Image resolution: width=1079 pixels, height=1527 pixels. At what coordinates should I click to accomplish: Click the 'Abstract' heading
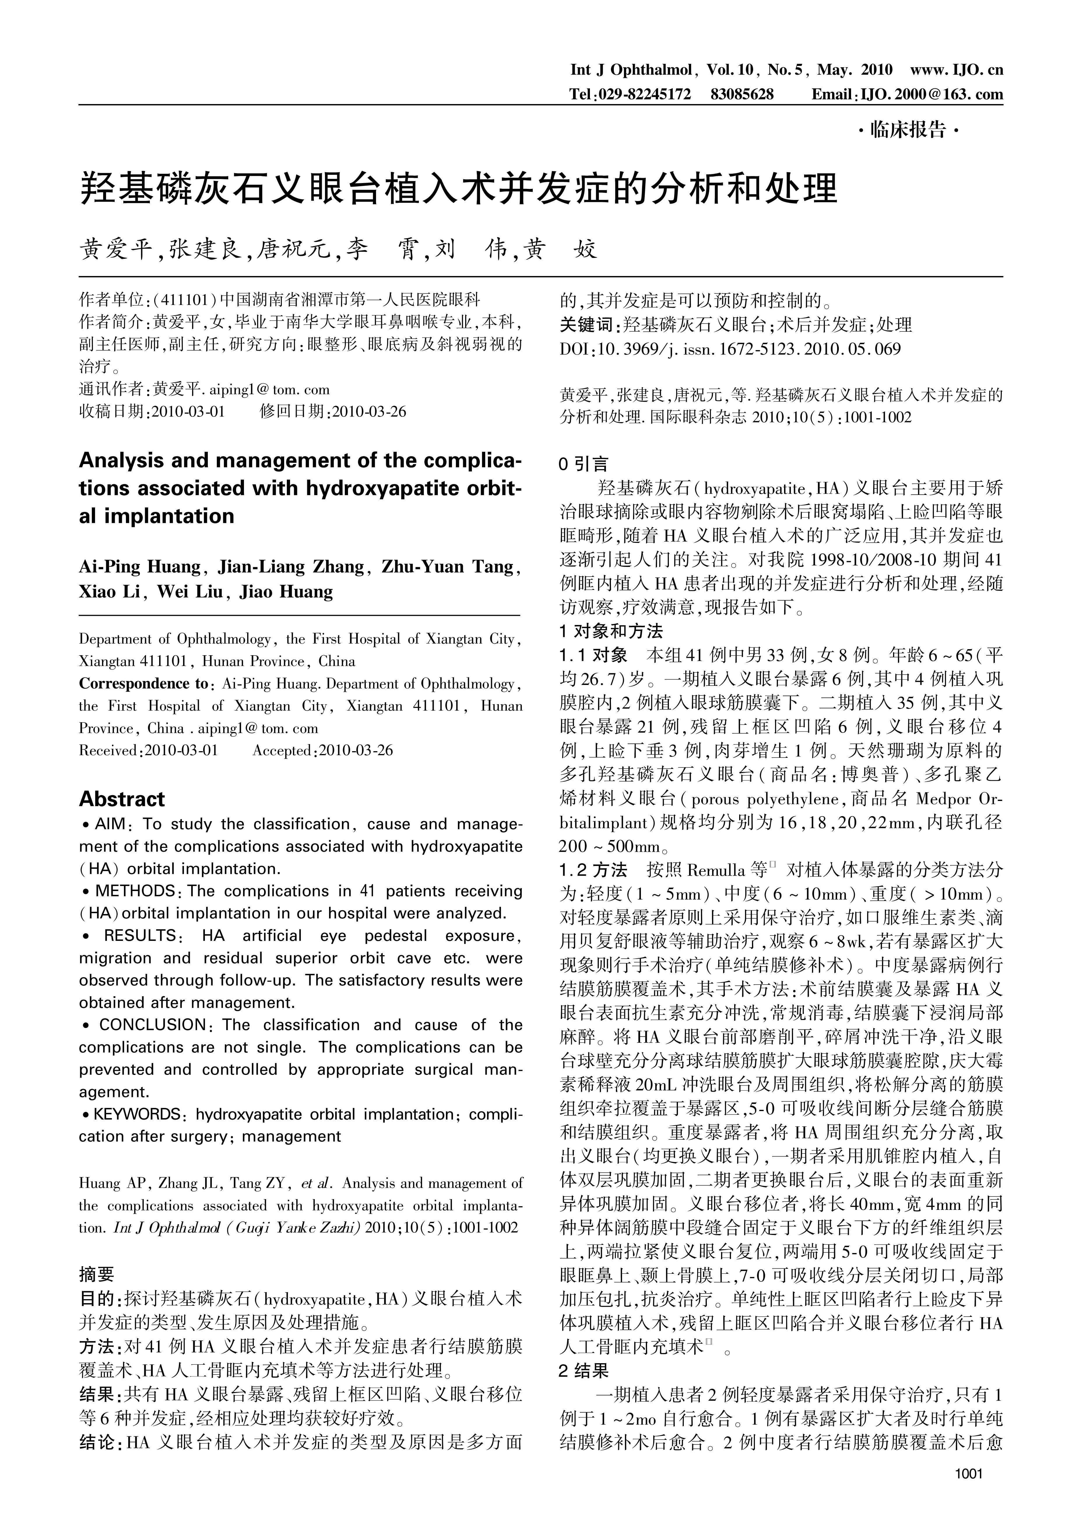[x=122, y=799]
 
